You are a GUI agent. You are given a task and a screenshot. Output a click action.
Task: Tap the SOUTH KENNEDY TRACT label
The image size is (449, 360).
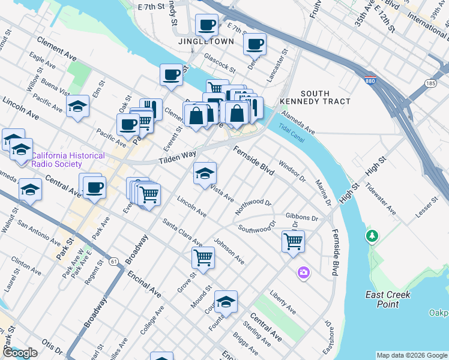click(x=324, y=97)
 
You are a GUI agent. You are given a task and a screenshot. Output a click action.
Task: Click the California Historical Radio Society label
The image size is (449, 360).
click(x=68, y=160)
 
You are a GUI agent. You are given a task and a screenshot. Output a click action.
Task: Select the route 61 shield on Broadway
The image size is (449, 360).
click(x=113, y=261)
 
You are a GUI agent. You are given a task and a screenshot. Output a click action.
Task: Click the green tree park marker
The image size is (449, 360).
click(x=372, y=236)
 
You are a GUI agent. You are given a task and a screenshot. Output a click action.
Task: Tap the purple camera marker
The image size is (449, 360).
click(x=304, y=273)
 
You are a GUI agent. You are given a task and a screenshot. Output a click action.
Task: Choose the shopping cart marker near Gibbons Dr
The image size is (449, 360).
click(x=293, y=242)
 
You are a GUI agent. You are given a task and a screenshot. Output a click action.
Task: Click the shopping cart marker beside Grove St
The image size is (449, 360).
click(x=203, y=258)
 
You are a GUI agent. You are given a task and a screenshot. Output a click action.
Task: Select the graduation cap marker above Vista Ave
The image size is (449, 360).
click(x=205, y=173)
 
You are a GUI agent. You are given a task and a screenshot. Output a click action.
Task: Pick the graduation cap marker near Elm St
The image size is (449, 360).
click(x=77, y=106)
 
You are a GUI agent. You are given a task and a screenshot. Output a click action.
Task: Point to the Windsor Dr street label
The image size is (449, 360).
click(x=292, y=171)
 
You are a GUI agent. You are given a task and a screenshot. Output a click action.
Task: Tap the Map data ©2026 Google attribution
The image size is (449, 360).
click(x=411, y=355)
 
